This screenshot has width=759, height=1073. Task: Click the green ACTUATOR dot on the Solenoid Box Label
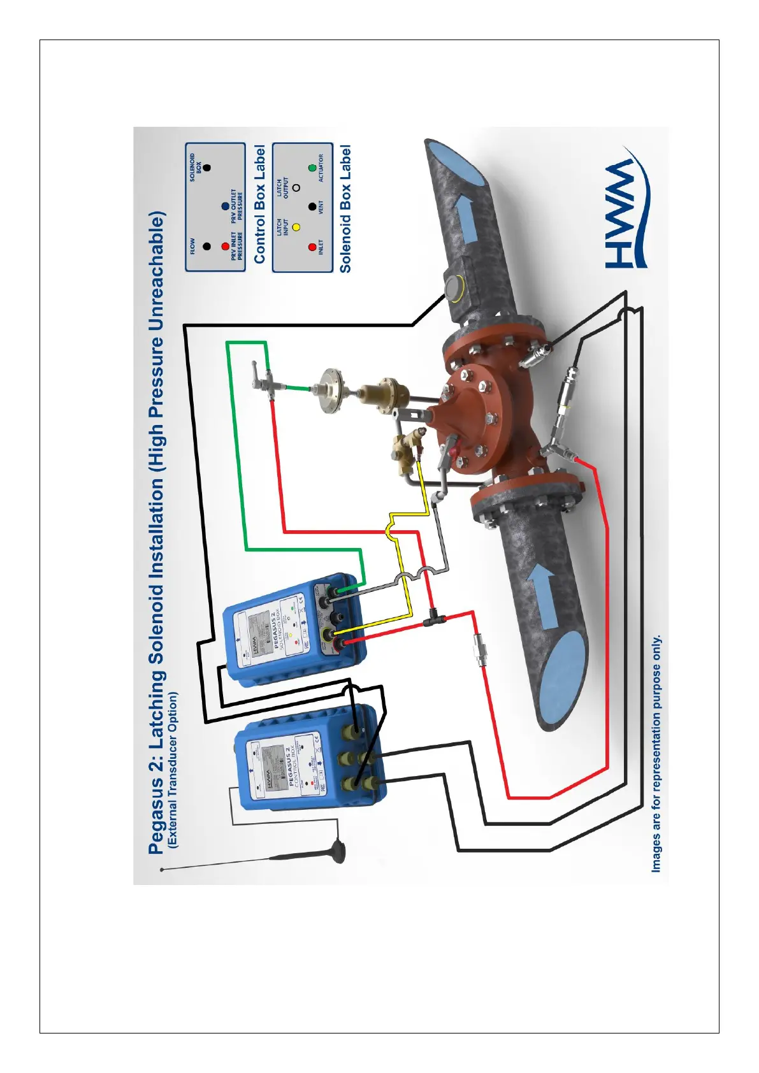click(312, 168)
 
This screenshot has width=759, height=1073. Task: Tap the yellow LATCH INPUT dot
click(296, 227)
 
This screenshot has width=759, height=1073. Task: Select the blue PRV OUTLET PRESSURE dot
click(225, 206)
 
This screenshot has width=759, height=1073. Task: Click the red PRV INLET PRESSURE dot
click(225, 246)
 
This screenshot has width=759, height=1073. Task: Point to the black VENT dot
click(312, 206)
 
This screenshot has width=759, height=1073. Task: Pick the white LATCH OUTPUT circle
click(296, 188)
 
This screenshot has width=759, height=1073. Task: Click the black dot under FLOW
click(206, 246)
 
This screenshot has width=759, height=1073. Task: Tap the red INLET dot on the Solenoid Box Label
click(312, 247)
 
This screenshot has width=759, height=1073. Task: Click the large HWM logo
click(625, 213)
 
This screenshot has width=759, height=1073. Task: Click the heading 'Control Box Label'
click(259, 205)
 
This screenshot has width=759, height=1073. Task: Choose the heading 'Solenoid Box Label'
click(345, 209)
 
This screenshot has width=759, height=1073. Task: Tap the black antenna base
click(338, 851)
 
